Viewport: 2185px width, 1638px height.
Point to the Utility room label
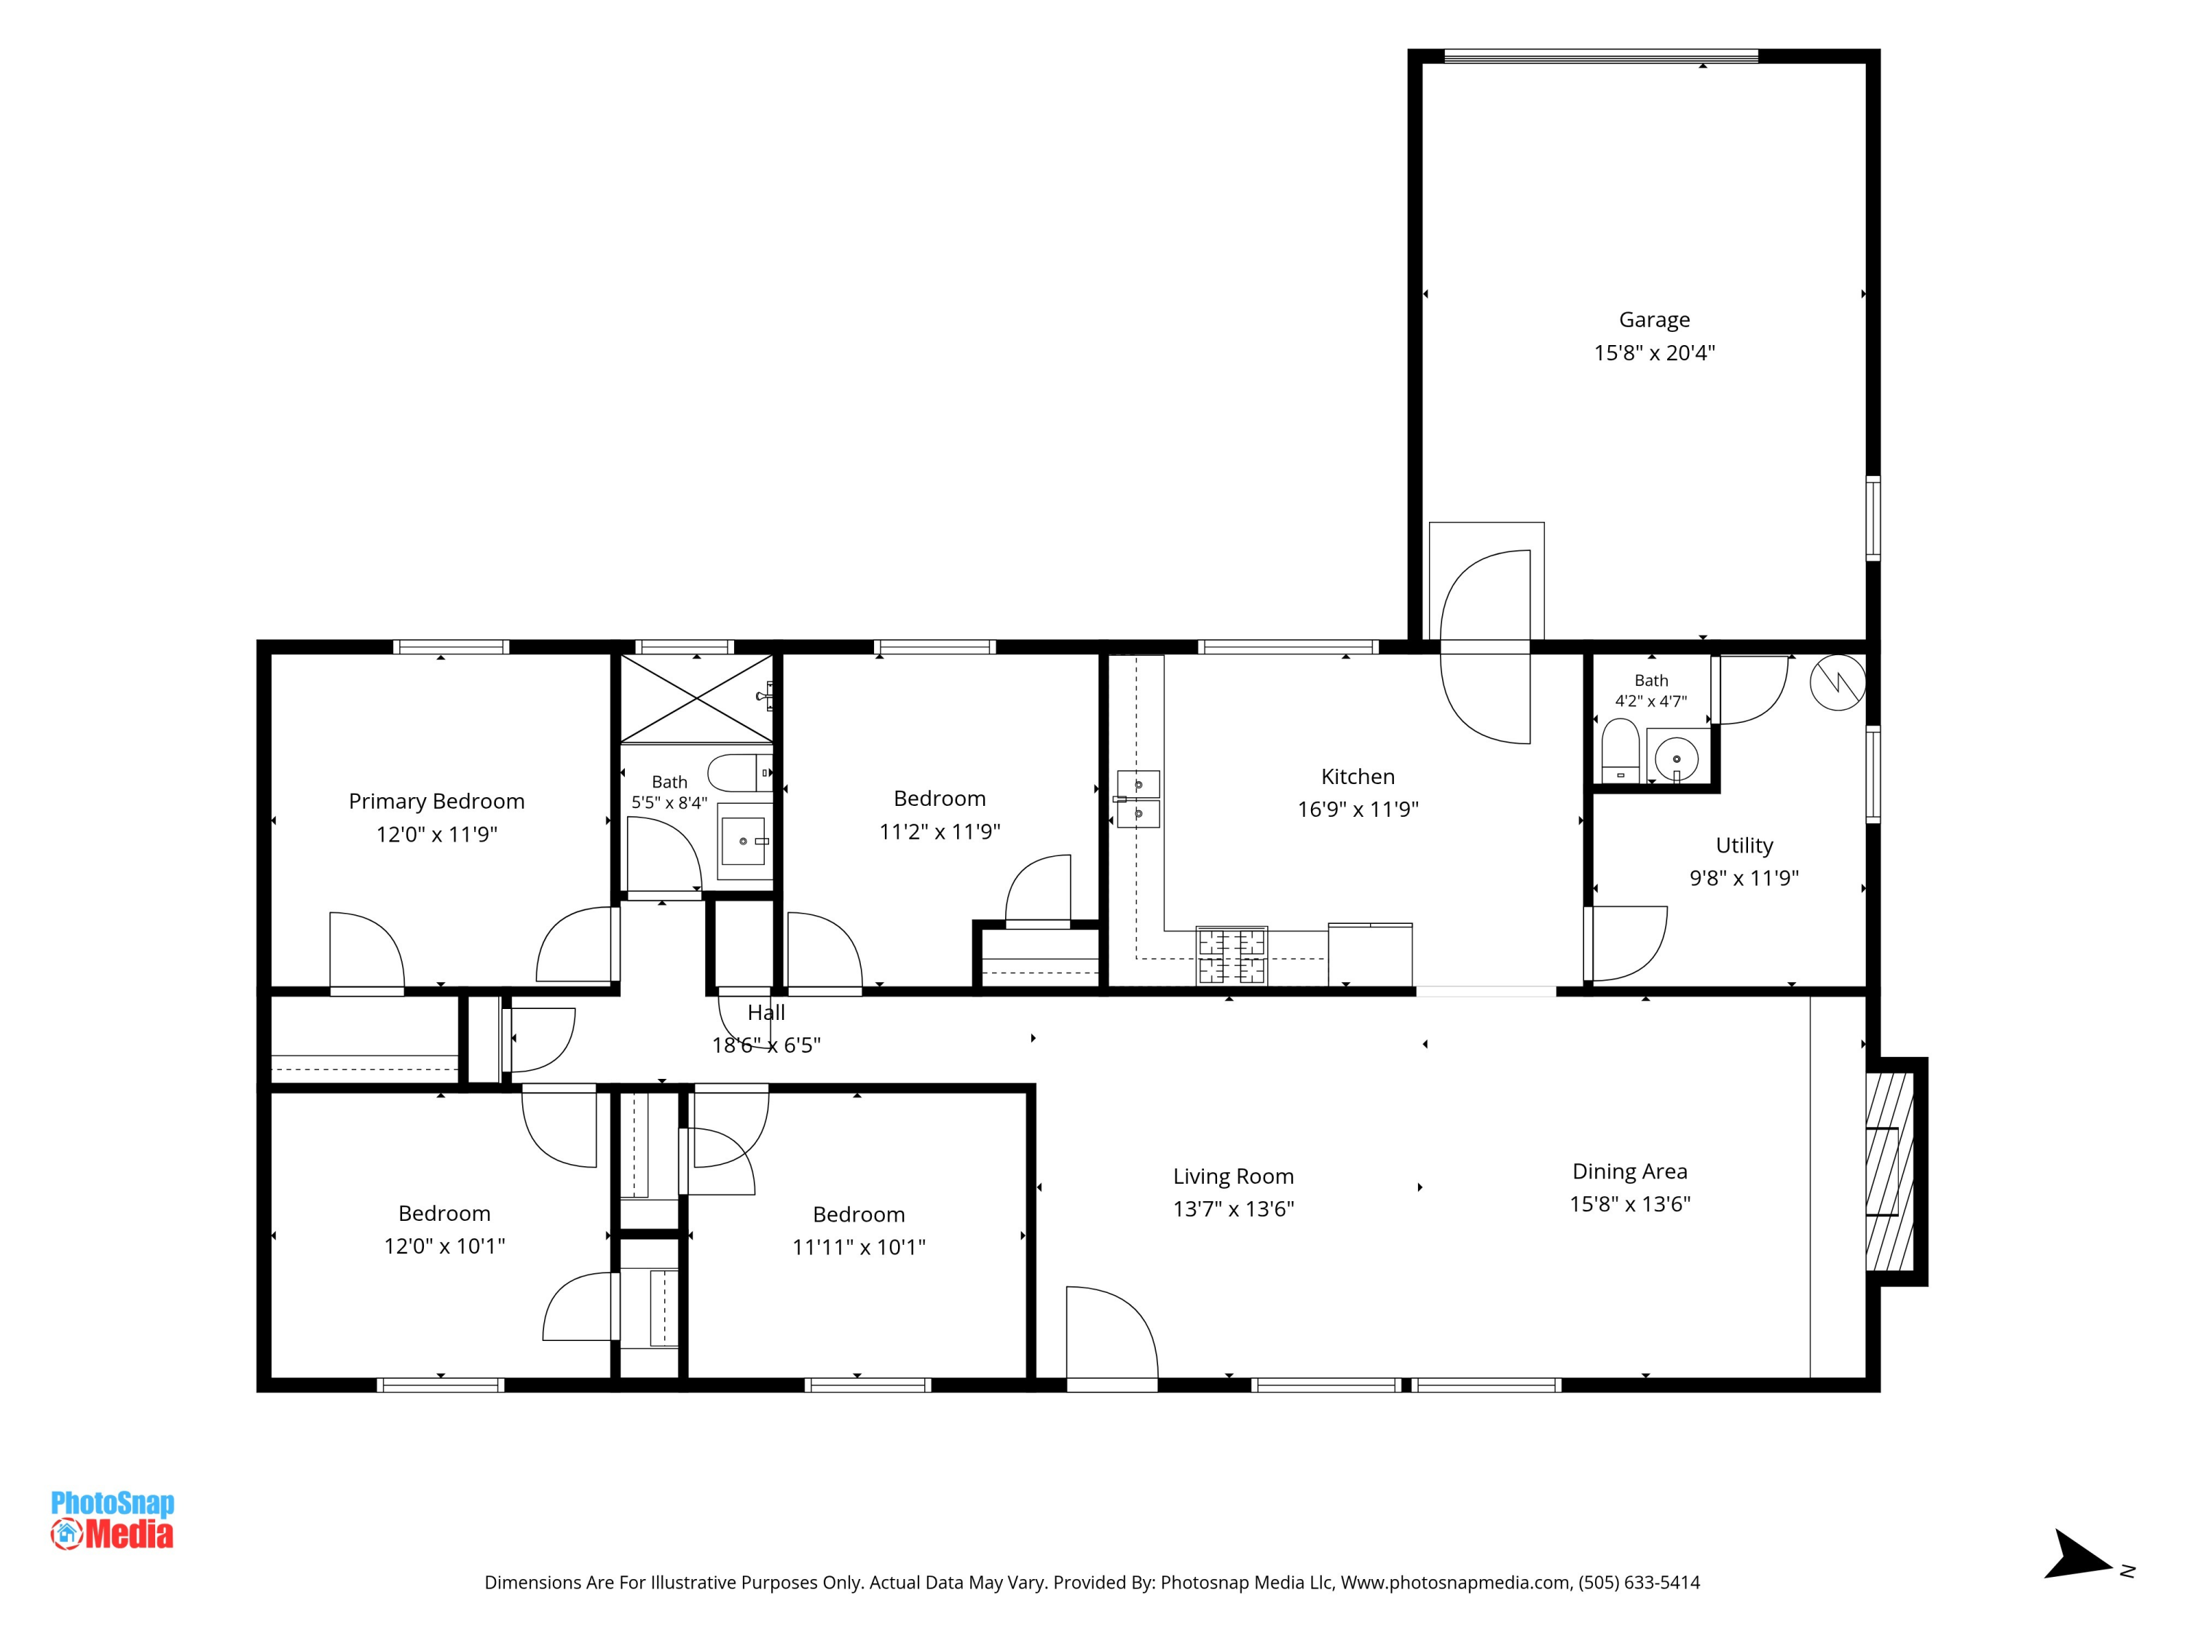(x=1744, y=845)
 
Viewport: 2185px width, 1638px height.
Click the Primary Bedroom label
(x=436, y=802)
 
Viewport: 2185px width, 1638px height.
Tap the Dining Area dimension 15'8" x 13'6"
(x=1630, y=1203)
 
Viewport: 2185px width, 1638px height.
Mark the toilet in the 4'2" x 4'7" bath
(x=1620, y=751)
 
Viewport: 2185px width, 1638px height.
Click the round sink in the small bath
(x=1677, y=759)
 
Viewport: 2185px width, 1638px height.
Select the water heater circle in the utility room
(x=1838, y=682)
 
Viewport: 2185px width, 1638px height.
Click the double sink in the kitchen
(x=1138, y=799)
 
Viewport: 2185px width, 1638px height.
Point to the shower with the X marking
(x=696, y=698)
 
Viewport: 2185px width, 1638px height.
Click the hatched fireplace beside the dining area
(x=1889, y=1171)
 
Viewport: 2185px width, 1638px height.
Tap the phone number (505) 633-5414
(x=1639, y=1583)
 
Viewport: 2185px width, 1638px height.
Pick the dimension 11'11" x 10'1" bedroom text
(x=859, y=1247)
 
